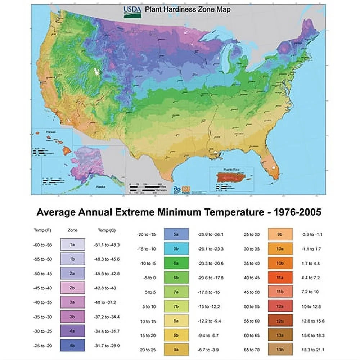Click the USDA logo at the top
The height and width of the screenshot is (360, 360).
pyautogui.click(x=131, y=12)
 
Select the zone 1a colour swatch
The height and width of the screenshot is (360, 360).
pyautogui.click(x=72, y=244)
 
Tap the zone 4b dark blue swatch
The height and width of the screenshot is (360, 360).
pyautogui.click(x=72, y=345)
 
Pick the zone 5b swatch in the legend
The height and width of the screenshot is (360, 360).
pyautogui.click(x=176, y=249)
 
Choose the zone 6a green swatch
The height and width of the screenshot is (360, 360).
pyautogui.click(x=176, y=263)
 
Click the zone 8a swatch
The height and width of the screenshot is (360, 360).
pyautogui.click(x=176, y=320)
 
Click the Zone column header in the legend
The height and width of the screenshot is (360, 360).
pyautogui.click(x=72, y=230)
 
